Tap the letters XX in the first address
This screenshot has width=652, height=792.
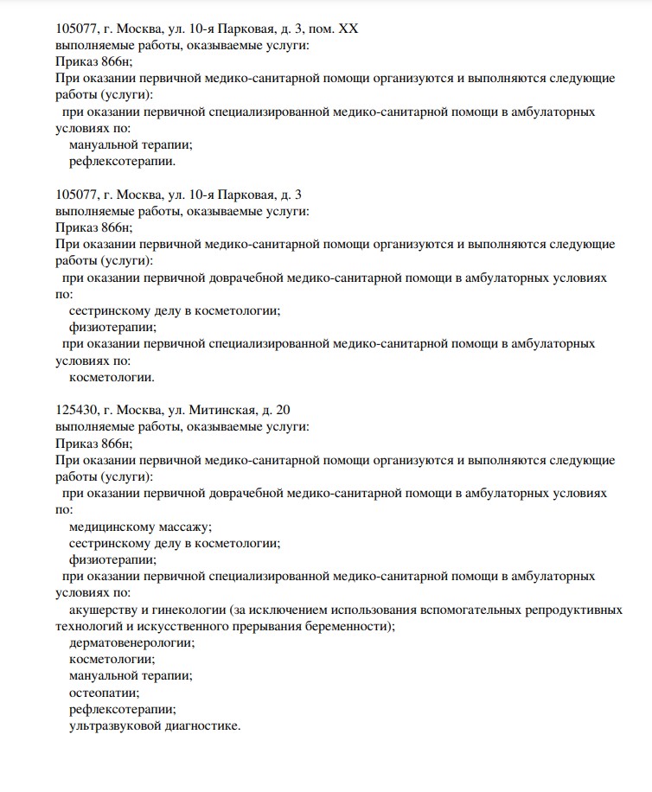(x=348, y=29)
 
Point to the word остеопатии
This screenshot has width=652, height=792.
(x=104, y=692)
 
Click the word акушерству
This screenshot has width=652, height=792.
(x=100, y=610)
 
